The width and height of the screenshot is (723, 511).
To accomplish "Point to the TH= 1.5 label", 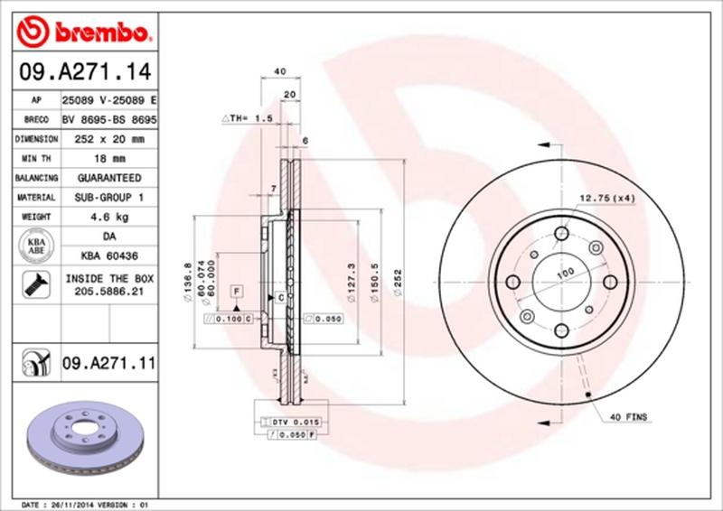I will [x=247, y=118].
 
